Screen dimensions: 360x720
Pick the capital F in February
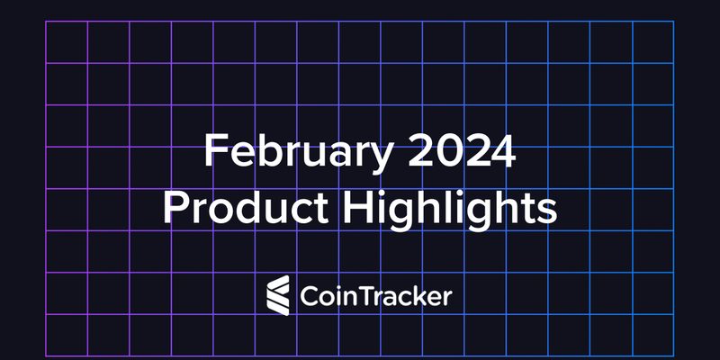point(214,150)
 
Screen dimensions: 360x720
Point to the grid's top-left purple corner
point(46,22)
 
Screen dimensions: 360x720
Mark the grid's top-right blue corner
point(673,22)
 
